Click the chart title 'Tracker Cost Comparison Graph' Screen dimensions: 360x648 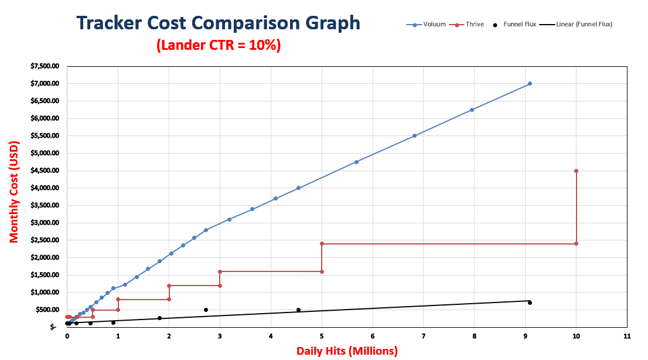click(219, 23)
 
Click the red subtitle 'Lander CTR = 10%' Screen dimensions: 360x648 click(219, 45)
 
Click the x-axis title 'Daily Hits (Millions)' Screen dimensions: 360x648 click(347, 351)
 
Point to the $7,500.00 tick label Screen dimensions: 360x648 click(44, 66)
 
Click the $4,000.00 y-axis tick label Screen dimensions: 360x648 click(44, 188)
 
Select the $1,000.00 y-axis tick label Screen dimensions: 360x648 click(44, 293)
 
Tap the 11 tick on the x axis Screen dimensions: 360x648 click(627, 337)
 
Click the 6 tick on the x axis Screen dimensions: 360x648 click(373, 337)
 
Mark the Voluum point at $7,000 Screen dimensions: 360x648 click(530, 83)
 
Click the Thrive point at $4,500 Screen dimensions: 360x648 click(577, 171)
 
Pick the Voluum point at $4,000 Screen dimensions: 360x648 click(298, 188)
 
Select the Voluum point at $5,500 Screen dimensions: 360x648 click(414, 135)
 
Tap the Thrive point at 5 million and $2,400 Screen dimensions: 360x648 click(322, 243)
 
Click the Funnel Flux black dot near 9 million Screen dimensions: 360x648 click(530, 303)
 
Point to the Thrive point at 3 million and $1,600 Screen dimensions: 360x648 click(220, 271)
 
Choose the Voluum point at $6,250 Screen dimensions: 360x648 click(472, 110)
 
